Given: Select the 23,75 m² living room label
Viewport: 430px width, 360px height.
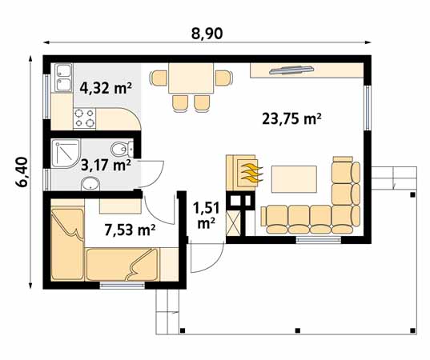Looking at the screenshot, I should pyautogui.click(x=291, y=119).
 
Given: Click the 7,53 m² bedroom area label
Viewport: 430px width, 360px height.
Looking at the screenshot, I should pyautogui.click(x=130, y=230).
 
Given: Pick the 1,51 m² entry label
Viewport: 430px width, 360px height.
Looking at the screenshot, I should pyautogui.click(x=206, y=215).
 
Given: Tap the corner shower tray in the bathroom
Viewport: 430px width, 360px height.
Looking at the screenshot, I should pyautogui.click(x=63, y=154).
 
